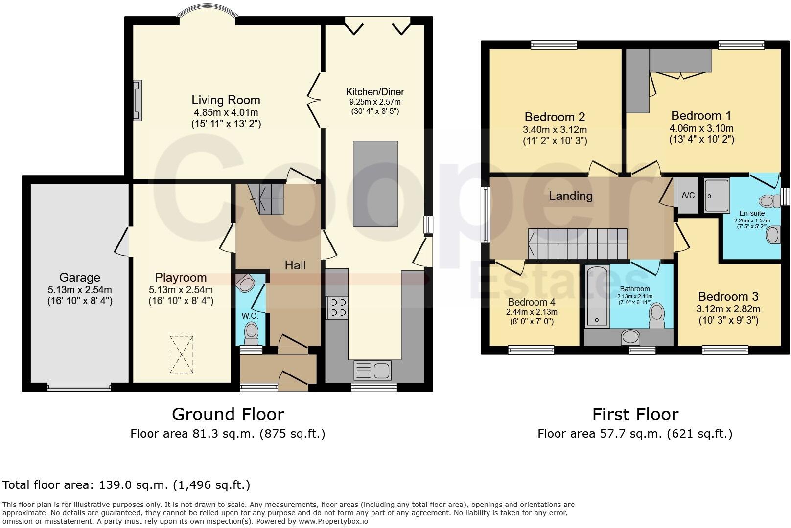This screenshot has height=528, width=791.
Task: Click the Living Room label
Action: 226,100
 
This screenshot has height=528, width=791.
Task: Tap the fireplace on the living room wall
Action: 138,100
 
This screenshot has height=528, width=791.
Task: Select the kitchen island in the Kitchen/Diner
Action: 375,184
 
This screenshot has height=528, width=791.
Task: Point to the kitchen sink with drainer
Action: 372,371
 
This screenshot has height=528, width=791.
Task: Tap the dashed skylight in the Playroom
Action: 182,354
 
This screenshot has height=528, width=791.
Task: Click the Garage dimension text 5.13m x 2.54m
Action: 80,290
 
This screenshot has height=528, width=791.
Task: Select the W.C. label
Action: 250,316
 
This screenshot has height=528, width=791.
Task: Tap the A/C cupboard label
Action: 688,195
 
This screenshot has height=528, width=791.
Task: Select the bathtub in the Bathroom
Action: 597,296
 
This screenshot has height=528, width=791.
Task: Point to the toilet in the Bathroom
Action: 657,316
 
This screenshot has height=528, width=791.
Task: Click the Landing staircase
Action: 578,243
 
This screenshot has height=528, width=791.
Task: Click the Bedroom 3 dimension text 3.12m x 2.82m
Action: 728,309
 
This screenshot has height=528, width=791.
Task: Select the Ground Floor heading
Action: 228,415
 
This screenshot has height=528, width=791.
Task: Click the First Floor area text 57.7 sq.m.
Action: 635,434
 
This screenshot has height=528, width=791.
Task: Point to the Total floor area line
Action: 126,485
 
